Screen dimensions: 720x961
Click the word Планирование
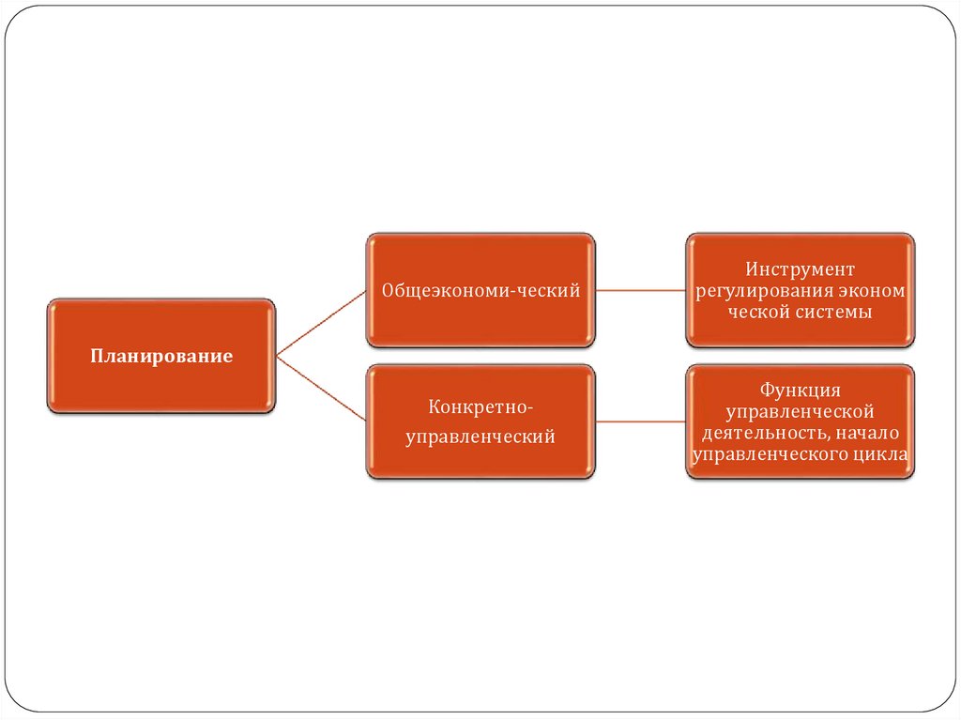(x=161, y=357)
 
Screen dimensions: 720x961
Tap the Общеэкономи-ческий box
(x=480, y=319)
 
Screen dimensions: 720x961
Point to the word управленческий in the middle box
(x=480, y=437)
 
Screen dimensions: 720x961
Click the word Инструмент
(x=801, y=269)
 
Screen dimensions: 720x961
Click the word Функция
(x=801, y=390)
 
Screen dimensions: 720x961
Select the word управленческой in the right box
(x=801, y=411)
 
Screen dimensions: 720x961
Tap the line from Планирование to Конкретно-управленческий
(x=321, y=387)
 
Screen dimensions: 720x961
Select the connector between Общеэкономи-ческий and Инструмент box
(x=641, y=291)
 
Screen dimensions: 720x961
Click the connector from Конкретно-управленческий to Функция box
(x=641, y=421)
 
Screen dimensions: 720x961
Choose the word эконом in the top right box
(x=875, y=291)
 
